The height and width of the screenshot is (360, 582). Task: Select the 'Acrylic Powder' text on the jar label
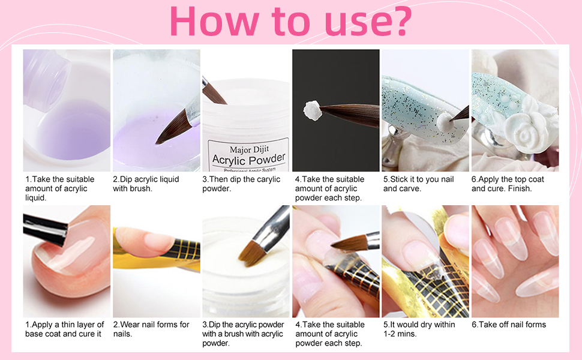pyautogui.click(x=249, y=160)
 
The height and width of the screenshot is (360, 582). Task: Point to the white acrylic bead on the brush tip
pyautogui.click(x=313, y=109)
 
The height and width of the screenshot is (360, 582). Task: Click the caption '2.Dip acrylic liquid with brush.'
pyautogui.click(x=146, y=184)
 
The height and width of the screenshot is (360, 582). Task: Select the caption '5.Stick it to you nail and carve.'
pyautogui.click(x=418, y=184)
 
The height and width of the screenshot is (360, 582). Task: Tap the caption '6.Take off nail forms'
pyautogui.click(x=509, y=325)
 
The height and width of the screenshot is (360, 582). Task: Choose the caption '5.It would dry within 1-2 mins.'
pyautogui.click(x=419, y=329)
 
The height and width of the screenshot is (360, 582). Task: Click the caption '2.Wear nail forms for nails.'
pyautogui.click(x=151, y=329)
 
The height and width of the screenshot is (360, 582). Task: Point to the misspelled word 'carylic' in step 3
pyautogui.click(x=268, y=179)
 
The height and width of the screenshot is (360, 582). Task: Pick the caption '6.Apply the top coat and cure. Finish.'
pyautogui.click(x=508, y=184)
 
